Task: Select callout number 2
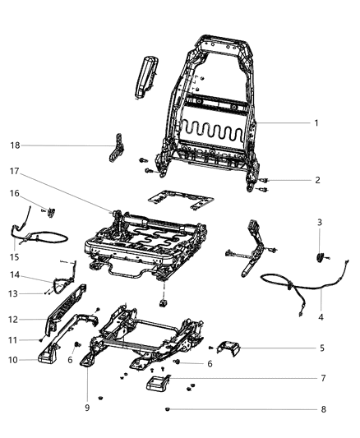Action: point(317,180)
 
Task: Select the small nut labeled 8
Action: point(167,408)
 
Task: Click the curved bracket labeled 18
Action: point(115,151)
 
